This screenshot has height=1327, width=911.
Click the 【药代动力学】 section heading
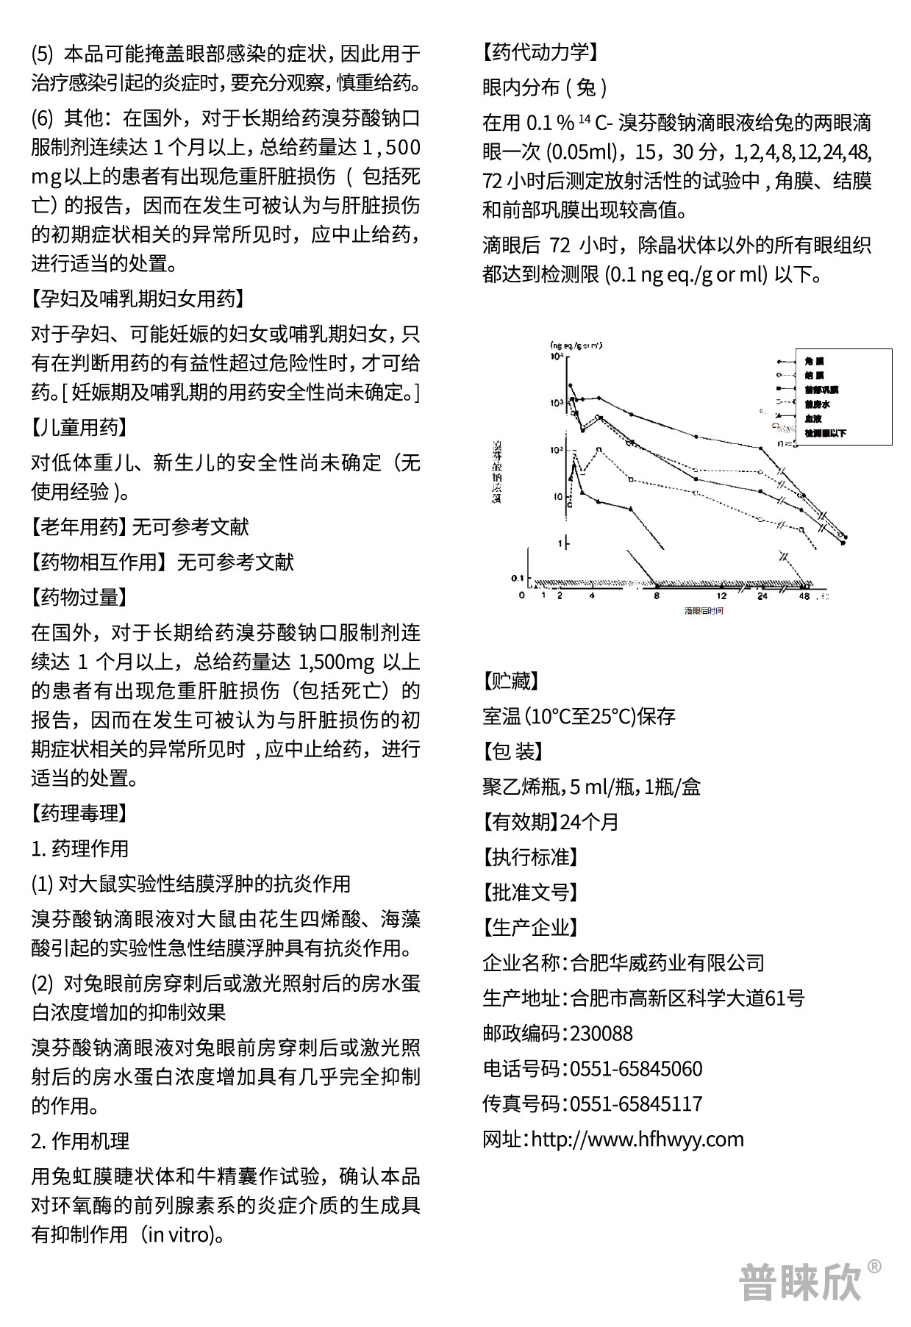pos(540,52)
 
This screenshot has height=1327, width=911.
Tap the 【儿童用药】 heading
pos(79,427)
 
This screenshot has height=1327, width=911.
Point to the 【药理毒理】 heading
pos(79,813)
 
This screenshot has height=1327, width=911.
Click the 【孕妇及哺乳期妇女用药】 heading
pos(137,298)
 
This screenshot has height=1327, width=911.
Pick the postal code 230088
pos(601,1034)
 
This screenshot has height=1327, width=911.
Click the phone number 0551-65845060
pos(636,1069)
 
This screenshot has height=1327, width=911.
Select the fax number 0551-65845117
pos(636,1104)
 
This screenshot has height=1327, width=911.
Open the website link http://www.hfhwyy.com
pos(637,1140)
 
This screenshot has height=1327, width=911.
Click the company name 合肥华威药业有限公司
pos(667,963)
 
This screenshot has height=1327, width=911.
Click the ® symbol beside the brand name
pos(874,1266)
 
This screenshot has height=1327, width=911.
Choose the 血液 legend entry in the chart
pos(812,419)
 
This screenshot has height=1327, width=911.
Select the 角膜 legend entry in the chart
pos(814,362)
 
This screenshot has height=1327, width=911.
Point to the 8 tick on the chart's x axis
pos(657,596)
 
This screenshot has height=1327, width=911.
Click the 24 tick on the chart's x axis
pos(762,596)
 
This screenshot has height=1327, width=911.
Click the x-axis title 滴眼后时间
pos(704,611)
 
